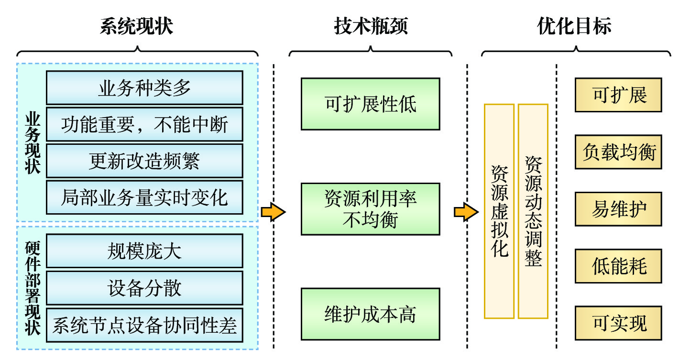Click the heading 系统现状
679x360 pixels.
tap(137, 27)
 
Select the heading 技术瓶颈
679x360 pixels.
tap(371, 27)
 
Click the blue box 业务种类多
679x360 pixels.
tap(144, 88)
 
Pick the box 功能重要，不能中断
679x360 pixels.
tap(144, 124)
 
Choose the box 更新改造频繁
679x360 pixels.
tap(144, 161)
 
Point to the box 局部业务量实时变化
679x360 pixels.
tap(144, 197)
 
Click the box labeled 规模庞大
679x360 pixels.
tap(144, 251)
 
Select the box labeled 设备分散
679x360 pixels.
tap(144, 288)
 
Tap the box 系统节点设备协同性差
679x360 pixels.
tap(144, 325)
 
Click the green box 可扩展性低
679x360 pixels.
tap(370, 104)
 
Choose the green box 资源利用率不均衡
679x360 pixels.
tap(370, 209)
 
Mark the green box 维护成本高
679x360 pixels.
tap(370, 314)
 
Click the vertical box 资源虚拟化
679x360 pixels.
tap(499, 211)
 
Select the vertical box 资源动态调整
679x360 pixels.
tap(533, 211)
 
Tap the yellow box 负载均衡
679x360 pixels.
tap(618, 152)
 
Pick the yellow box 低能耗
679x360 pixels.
tap(618, 266)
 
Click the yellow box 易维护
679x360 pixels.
tap(618, 209)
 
